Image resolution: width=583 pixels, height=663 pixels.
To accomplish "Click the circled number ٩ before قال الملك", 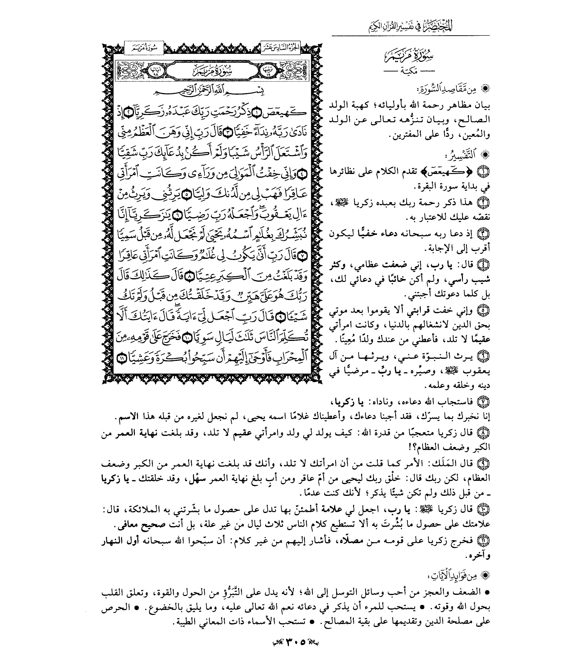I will [x=484, y=464].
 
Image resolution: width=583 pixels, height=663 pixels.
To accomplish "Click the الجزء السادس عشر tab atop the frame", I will [x=280, y=48].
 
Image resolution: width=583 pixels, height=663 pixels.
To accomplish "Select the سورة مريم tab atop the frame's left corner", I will [x=144, y=48].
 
